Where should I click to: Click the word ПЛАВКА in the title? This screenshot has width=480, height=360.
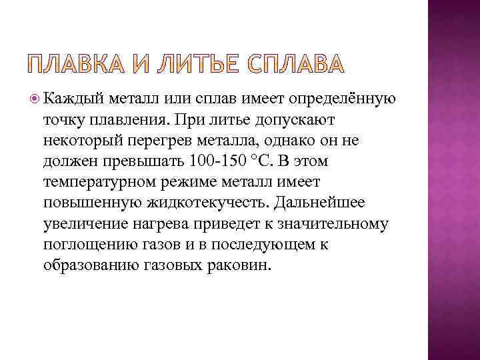[74, 63]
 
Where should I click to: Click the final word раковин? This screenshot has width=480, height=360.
[240, 265]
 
